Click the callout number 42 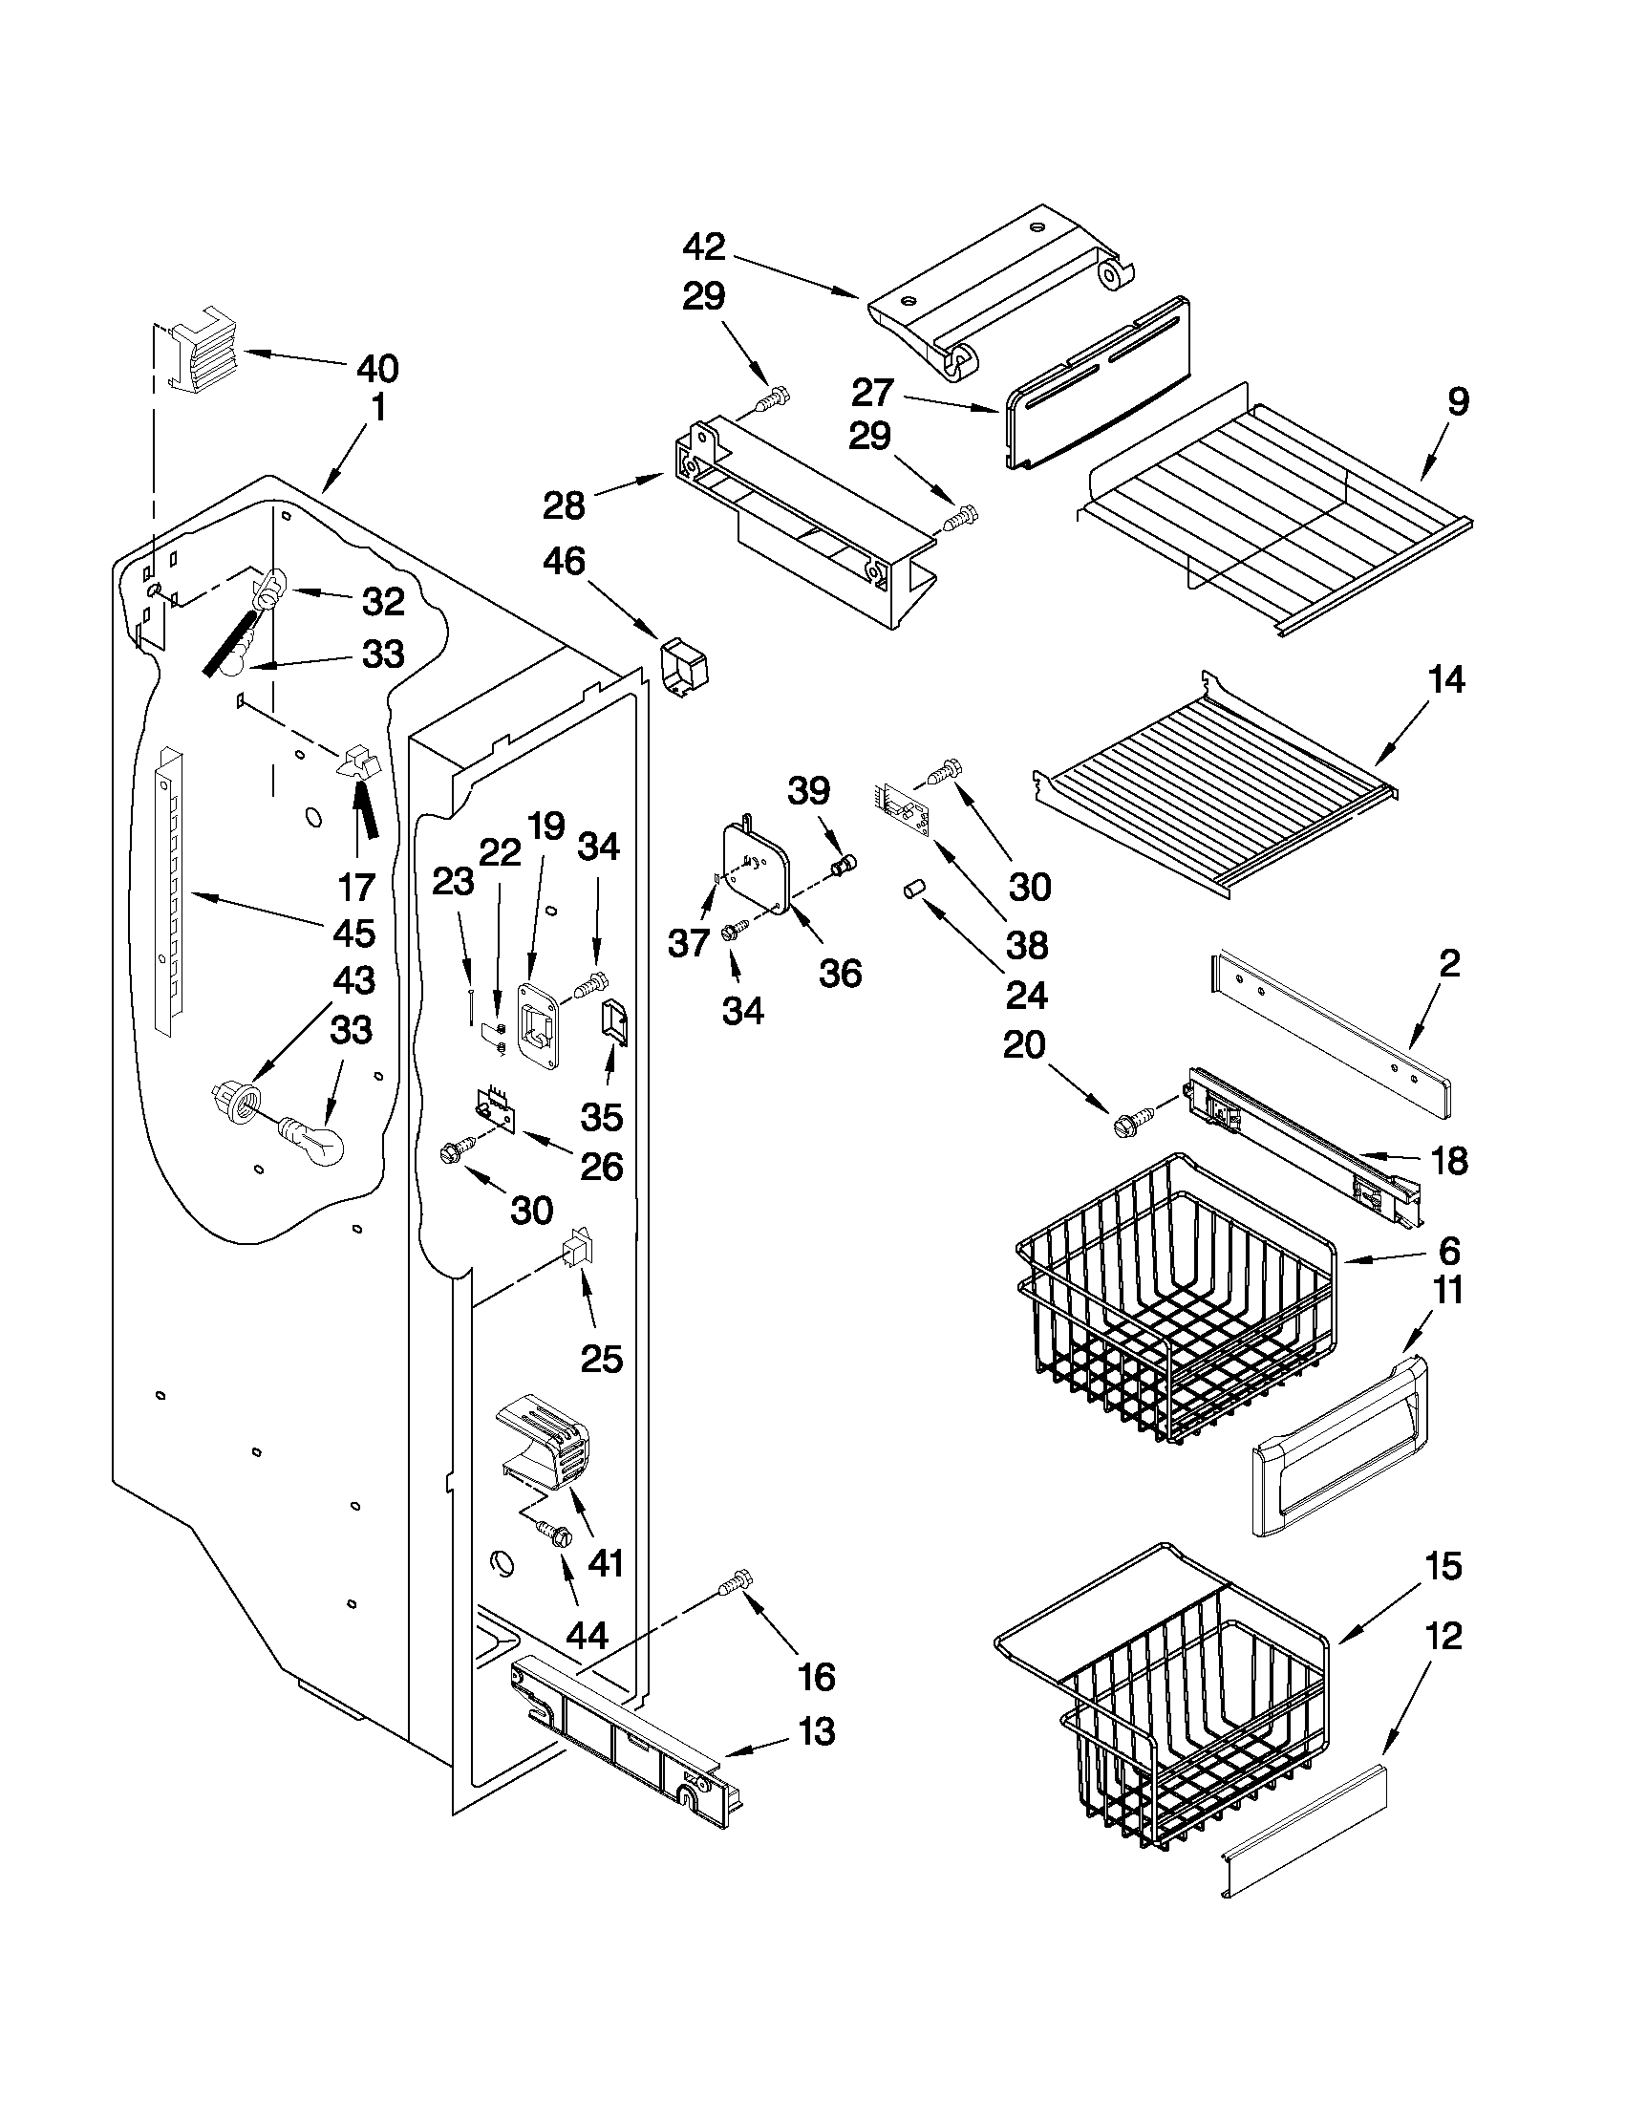(704, 247)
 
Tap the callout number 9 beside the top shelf (1458, 401)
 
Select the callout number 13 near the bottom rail (817, 1732)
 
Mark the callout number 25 (601, 1359)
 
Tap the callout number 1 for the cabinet (377, 407)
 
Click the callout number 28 (565, 504)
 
